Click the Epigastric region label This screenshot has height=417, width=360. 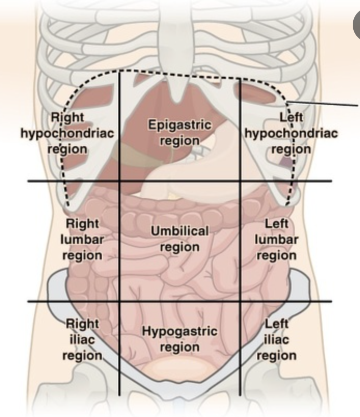click(x=179, y=133)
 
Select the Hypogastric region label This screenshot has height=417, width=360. click(x=179, y=339)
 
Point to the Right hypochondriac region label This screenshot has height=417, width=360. click(x=67, y=133)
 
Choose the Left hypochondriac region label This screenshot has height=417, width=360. click(x=291, y=133)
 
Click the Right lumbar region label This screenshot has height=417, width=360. click(x=82, y=240)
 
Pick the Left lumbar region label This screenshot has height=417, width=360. click(x=276, y=240)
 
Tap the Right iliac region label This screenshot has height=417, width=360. click(x=82, y=340)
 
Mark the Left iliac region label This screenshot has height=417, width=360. click(x=276, y=340)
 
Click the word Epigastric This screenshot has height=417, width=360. click(x=179, y=125)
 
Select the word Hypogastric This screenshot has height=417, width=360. click(x=179, y=331)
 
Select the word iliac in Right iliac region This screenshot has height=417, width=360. click(x=82, y=340)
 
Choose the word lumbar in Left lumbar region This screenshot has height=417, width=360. click(x=276, y=240)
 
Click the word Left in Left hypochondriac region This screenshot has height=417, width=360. click(x=291, y=118)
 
